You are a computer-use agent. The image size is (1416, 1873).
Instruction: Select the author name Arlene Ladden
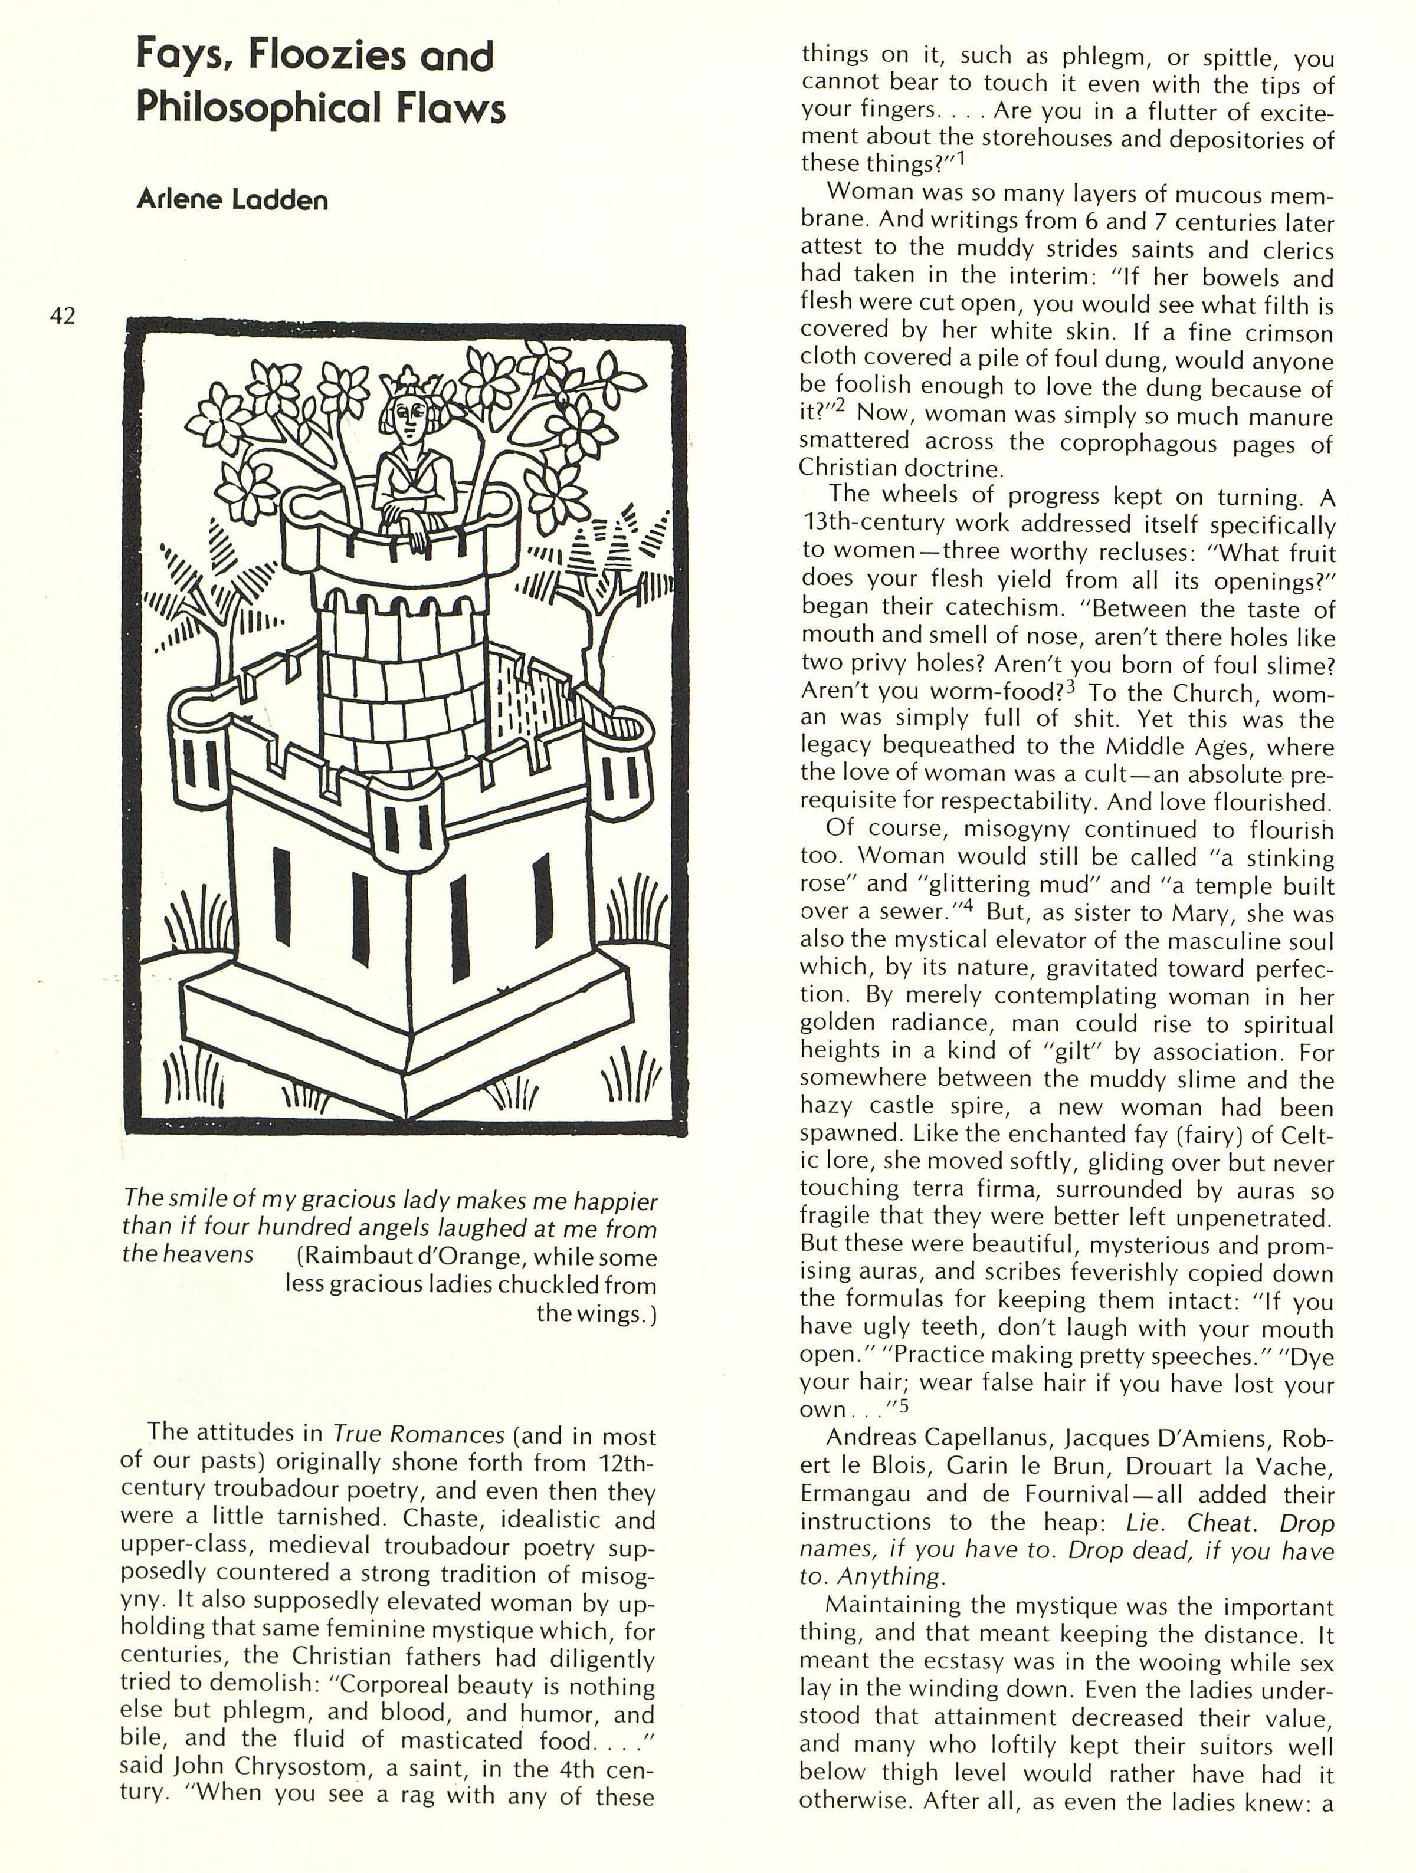[232, 200]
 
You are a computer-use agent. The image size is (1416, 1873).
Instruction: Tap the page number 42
[63, 316]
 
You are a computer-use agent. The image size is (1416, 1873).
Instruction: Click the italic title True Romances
[419, 1434]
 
